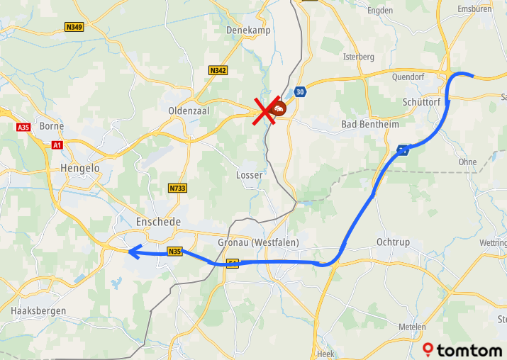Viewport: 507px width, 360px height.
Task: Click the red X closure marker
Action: [267, 111]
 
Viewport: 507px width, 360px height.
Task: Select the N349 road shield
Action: [74, 27]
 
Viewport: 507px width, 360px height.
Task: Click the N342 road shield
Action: [218, 70]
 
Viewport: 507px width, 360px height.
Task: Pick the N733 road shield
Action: [177, 188]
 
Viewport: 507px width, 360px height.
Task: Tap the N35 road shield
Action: [175, 252]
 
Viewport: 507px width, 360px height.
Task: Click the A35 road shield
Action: [23, 127]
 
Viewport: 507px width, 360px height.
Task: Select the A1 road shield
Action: [57, 145]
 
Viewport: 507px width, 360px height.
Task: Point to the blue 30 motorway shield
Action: [301, 92]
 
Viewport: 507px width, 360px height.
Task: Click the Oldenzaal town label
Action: [187, 111]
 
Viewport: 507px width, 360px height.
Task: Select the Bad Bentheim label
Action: [370, 125]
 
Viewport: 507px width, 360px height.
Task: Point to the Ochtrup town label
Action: [394, 242]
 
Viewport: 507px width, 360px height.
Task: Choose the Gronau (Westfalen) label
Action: [258, 242]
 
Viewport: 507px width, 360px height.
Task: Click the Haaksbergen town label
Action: [38, 311]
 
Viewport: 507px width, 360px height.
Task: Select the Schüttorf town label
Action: [421, 102]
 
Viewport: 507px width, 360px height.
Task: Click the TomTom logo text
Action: [469, 350]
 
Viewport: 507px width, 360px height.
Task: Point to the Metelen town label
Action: [412, 327]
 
